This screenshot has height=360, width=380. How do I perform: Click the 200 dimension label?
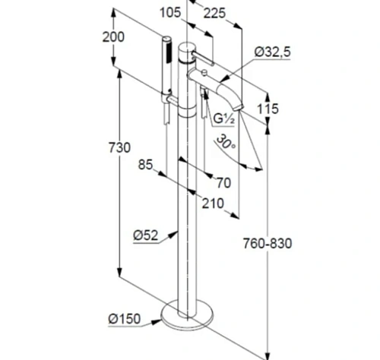click(113, 37)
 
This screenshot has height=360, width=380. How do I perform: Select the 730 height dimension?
click(119, 147)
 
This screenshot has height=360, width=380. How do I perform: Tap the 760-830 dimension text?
click(268, 244)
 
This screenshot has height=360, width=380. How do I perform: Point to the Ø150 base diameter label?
click(124, 319)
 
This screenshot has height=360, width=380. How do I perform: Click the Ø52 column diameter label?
click(145, 235)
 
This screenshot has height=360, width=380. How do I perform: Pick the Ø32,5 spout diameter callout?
click(273, 52)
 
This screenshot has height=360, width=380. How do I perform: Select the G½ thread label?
click(224, 118)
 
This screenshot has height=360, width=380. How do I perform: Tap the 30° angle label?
click(226, 142)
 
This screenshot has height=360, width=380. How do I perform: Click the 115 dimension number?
click(268, 109)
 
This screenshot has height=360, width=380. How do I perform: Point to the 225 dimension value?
click(214, 13)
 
